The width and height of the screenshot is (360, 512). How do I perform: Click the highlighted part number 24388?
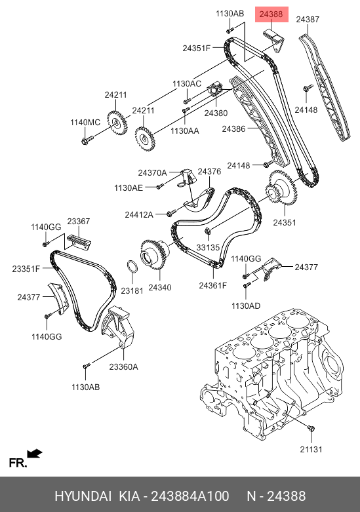pyautogui.click(x=271, y=14)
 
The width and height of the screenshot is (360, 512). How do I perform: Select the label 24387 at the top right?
pyautogui.click(x=308, y=19)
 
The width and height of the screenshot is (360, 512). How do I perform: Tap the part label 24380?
pyautogui.click(x=216, y=113)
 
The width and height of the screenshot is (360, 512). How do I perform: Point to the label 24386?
pyautogui.click(x=233, y=128)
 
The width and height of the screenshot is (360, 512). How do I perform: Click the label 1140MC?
pyautogui.click(x=85, y=122)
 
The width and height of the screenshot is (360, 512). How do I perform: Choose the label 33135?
pyautogui.click(x=208, y=247)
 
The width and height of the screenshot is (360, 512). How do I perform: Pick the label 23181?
pyautogui.click(x=132, y=290)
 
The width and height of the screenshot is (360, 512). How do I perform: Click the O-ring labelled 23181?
pyautogui.click(x=132, y=267)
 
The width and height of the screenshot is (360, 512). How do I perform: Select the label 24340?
pyautogui.click(x=160, y=287)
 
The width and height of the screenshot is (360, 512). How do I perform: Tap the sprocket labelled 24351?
pyautogui.click(x=281, y=189)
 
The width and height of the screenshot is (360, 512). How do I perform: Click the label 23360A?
pyautogui.click(x=123, y=366)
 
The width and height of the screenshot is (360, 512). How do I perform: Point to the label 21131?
pyautogui.click(x=311, y=449)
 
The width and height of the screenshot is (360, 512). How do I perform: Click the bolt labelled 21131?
pyautogui.click(x=311, y=428)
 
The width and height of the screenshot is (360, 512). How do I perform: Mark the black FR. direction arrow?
pyautogui.click(x=35, y=454)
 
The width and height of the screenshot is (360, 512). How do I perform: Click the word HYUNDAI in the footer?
pyautogui.click(x=83, y=496)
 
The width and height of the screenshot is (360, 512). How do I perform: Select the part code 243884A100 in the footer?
pyautogui.click(x=190, y=496)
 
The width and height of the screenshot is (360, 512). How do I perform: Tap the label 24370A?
pyautogui.click(x=152, y=172)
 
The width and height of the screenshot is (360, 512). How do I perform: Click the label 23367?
pyautogui.click(x=79, y=221)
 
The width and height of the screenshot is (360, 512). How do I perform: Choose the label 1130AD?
pyautogui.click(x=246, y=305)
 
